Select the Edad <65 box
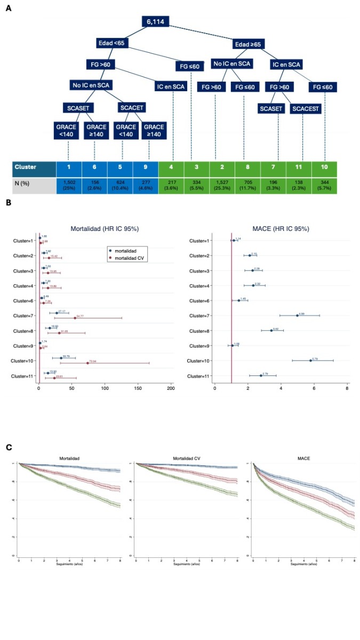coord(112,43)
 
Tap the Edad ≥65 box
coord(249,44)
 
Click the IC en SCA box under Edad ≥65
coord(287,65)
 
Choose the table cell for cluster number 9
coord(146,167)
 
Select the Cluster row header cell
coord(35,167)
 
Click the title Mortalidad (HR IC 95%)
coord(105,228)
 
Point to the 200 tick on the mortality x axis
coord(171,389)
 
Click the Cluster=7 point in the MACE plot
coord(297,315)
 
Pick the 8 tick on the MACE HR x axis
coord(347,389)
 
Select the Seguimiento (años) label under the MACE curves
coord(303,563)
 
